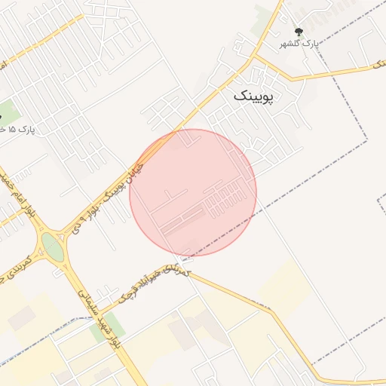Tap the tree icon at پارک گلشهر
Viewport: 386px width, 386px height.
pyautogui.click(x=299, y=32)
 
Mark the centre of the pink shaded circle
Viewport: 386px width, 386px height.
pyautogui.click(x=193, y=192)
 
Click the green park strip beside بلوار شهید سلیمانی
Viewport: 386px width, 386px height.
pyautogui.click(x=113, y=325)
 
